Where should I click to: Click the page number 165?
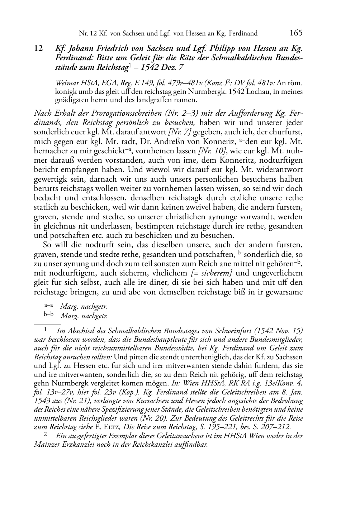click(295, 33)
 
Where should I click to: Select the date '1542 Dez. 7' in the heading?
click(166, 67)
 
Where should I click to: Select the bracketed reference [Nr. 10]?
click(210, 151)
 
